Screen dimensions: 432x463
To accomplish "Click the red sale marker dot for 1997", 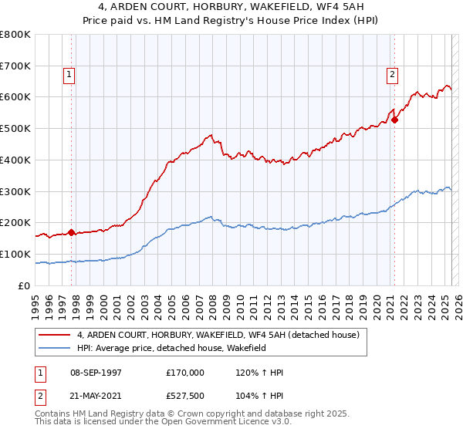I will tap(72, 231).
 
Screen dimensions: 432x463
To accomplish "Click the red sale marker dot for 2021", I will tap(394, 120).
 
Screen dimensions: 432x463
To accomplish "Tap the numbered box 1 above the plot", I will tap(69, 75).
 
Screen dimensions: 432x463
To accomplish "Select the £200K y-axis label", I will tap(15, 223).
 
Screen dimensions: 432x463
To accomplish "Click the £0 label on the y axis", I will tap(25, 285).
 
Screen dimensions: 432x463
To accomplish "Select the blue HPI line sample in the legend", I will tap(56, 349).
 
